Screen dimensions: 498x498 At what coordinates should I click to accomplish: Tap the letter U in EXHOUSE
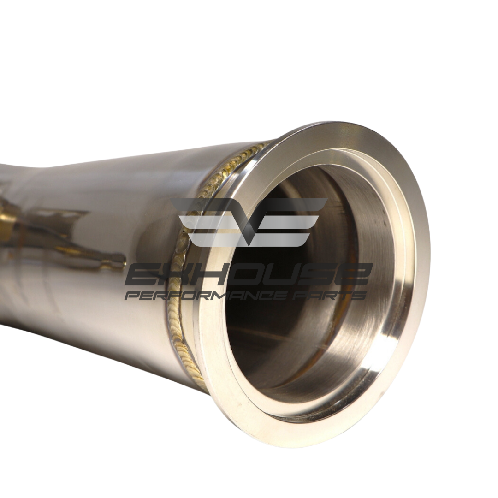point(284,274)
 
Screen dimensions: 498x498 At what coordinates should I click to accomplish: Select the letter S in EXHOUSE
point(319,274)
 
